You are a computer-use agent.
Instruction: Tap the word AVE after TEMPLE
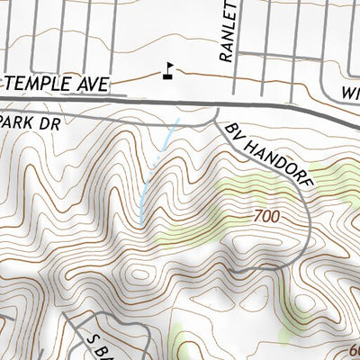point(94,85)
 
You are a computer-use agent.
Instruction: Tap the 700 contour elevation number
point(267,217)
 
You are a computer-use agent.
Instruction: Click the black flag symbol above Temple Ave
point(167,68)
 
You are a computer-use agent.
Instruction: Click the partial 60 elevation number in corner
point(352,351)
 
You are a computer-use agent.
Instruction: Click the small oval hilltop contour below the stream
point(140,274)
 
